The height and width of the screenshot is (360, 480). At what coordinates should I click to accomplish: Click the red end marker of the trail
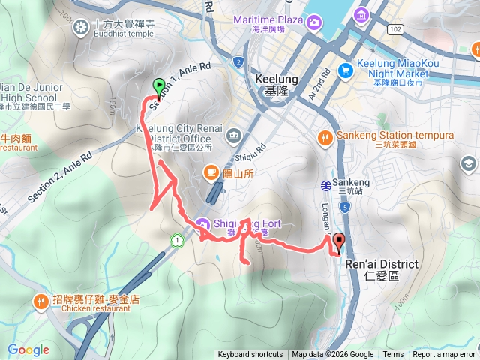coord(338,242)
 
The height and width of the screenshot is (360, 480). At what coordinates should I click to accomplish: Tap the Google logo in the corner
coord(28,349)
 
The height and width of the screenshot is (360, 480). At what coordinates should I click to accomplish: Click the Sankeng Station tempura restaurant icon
coord(325,136)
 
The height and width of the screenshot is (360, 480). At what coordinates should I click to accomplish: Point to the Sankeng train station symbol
coord(327,184)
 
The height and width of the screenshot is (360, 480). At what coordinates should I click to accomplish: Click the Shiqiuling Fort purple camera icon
coord(202,223)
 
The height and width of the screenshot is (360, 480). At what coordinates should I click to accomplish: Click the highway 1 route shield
coord(177,240)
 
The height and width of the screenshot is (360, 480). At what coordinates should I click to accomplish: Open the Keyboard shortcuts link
coord(250,355)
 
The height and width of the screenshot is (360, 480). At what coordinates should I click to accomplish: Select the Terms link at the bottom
coord(393,355)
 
